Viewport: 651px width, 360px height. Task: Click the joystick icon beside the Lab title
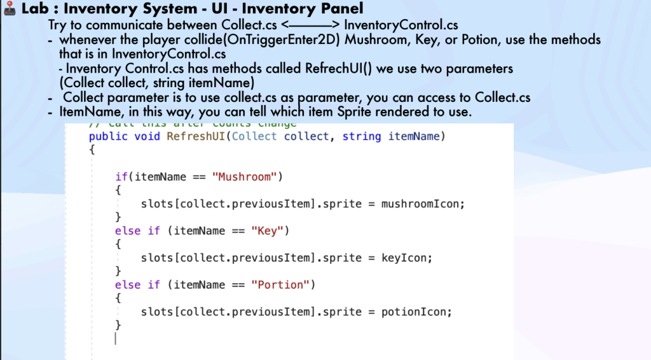click(x=10, y=9)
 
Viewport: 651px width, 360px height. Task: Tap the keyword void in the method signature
click(x=148, y=136)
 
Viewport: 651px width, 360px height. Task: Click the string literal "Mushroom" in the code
click(x=245, y=177)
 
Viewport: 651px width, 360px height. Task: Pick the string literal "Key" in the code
click(x=268, y=231)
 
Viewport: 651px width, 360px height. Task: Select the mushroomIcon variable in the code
click(x=423, y=204)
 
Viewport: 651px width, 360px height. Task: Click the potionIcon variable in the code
click(x=416, y=312)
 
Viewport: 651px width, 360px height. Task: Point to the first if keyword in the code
click(x=121, y=177)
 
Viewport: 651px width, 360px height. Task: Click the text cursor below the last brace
click(x=116, y=339)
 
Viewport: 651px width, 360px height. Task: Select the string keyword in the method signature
click(x=362, y=136)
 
